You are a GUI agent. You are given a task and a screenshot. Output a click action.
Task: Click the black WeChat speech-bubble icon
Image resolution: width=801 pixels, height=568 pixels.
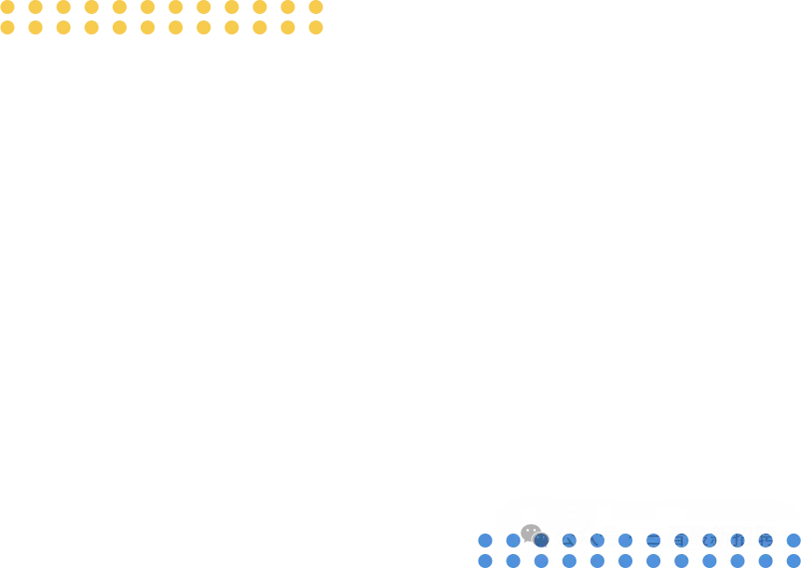(x=531, y=533)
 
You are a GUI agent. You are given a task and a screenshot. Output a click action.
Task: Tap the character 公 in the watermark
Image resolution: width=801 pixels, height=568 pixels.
(x=565, y=536)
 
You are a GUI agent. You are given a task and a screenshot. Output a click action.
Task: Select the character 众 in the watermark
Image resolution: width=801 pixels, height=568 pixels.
(x=588, y=536)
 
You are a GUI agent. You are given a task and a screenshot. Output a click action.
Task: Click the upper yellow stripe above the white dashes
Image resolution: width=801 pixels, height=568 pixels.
(x=162, y=7)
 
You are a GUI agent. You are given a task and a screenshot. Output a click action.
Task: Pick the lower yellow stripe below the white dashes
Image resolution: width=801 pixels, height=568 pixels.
(x=162, y=28)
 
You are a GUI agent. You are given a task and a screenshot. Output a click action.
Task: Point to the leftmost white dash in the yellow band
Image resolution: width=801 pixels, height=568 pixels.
(x=22, y=18)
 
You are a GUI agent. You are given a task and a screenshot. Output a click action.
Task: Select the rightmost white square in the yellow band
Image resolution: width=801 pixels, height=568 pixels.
(x=305, y=18)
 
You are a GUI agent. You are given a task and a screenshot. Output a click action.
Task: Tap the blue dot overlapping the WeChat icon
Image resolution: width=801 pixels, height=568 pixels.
(x=541, y=540)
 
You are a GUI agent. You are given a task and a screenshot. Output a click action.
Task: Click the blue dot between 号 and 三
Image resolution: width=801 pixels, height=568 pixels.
(x=626, y=540)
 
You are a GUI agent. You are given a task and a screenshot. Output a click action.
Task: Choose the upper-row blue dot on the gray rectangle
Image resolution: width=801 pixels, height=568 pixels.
(x=484, y=540)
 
